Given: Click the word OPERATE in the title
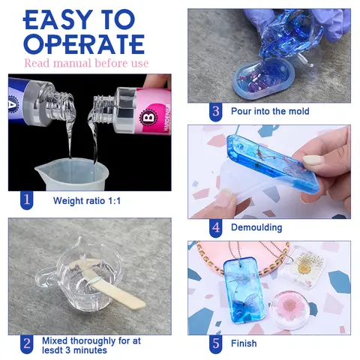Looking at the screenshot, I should pos(84,43).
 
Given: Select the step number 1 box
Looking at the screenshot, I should pos(26,200).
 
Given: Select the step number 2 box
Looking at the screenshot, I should pos(26,343).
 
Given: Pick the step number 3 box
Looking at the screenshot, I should pos(216,111).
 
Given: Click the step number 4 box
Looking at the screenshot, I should pos(216,226).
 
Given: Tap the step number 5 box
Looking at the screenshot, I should pos(216,343).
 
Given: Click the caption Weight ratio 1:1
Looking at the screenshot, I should pos(87,201).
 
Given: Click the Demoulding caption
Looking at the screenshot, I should pos(257,226).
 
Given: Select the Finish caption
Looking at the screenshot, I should pos(244,343).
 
